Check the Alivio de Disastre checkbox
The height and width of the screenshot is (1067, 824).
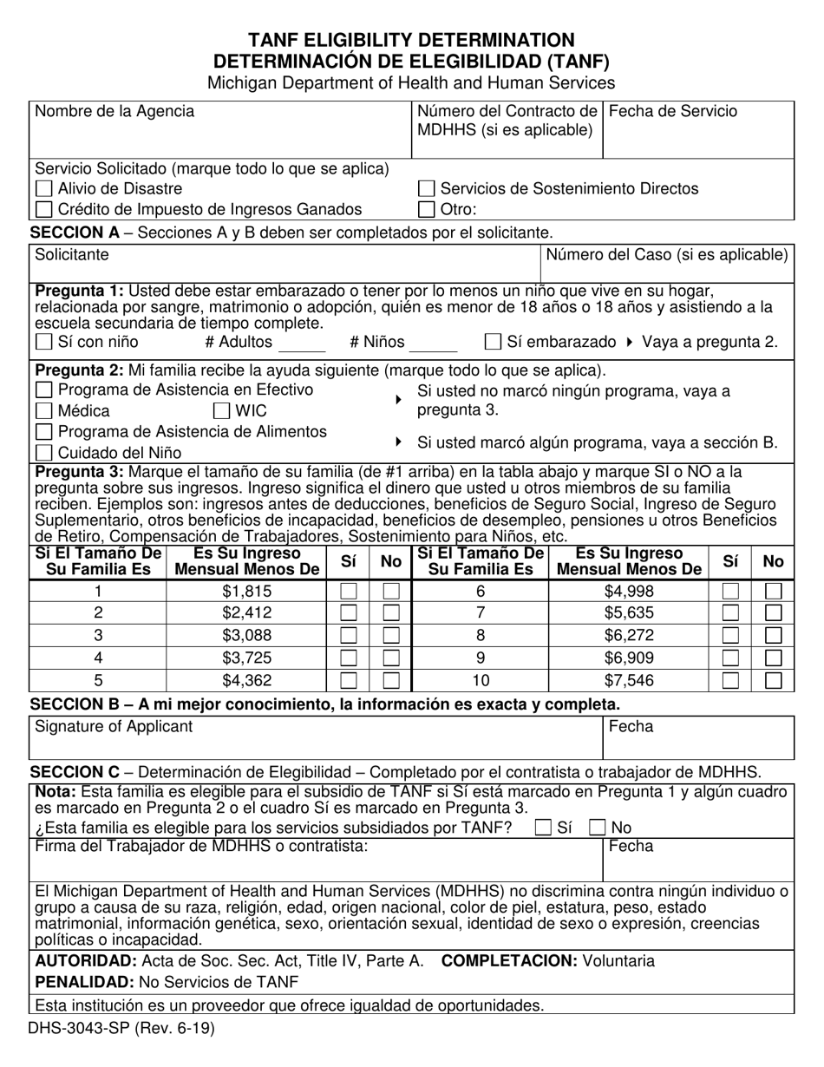pyautogui.click(x=43, y=189)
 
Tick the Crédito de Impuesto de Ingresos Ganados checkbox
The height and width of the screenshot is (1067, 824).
pyautogui.click(x=43, y=209)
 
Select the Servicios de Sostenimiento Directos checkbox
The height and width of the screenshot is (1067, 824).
pyautogui.click(x=426, y=189)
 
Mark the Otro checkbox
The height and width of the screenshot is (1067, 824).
pyautogui.click(x=426, y=209)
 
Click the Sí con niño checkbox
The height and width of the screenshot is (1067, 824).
pyautogui.click(x=43, y=343)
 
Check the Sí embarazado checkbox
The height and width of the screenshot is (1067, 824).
pyautogui.click(x=493, y=343)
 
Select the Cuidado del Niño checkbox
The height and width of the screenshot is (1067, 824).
pyautogui.click(x=43, y=452)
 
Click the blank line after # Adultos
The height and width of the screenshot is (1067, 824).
pyautogui.click(x=301, y=344)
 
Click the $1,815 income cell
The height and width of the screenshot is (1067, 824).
pyautogui.click(x=246, y=592)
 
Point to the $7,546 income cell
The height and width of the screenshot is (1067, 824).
pyautogui.click(x=629, y=680)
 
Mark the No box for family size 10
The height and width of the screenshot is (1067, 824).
pyautogui.click(x=773, y=680)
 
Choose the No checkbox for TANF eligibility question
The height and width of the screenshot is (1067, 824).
pyautogui.click(x=598, y=828)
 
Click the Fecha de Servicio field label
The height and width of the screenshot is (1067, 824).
pyautogui.click(x=674, y=112)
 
